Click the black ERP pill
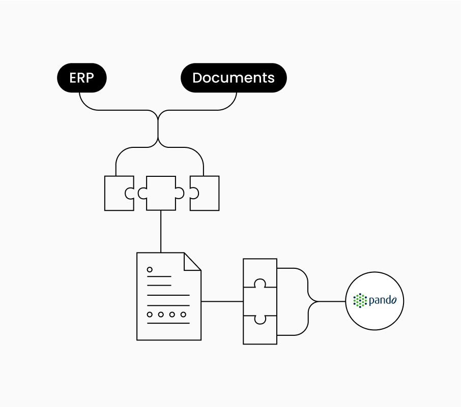pyautogui.click(x=81, y=78)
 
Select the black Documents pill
pyautogui.click(x=234, y=78)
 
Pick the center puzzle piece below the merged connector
pyautogui.click(x=161, y=193)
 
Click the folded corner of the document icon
pyautogui.click(x=192, y=261)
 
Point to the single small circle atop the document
pyautogui.click(x=150, y=270)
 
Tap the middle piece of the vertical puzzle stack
pyautogui.click(x=260, y=301)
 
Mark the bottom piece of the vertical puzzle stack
pyautogui.click(x=260, y=331)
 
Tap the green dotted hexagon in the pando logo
pyautogui.click(x=360, y=301)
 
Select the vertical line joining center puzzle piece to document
pyautogui.click(x=161, y=231)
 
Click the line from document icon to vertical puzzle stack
pyautogui.click(x=222, y=301)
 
